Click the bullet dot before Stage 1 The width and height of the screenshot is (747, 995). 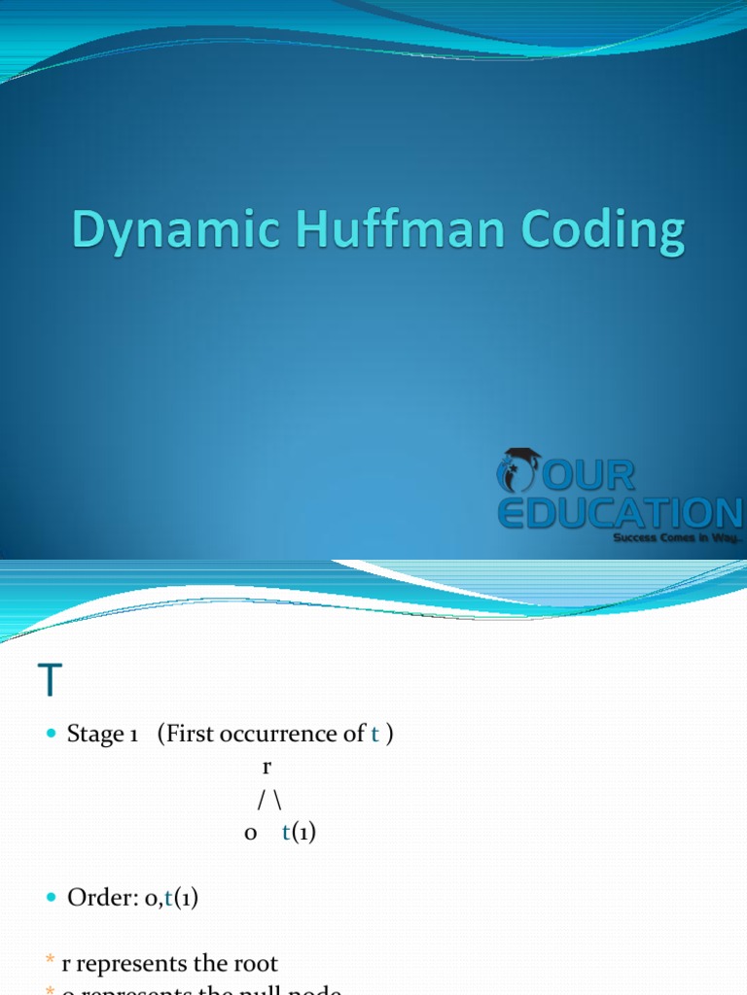tap(52, 735)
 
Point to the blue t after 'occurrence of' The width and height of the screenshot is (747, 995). tap(374, 735)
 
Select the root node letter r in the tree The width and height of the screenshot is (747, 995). tap(267, 768)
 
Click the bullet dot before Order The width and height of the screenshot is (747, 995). tap(52, 900)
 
